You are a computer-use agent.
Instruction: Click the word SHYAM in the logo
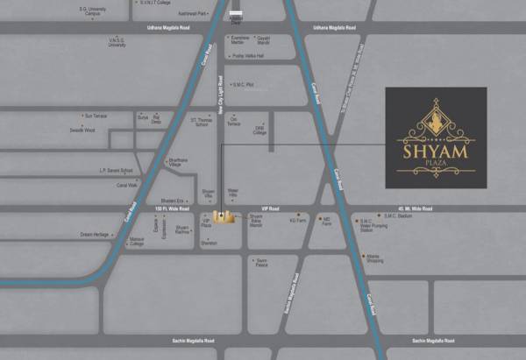(436, 153)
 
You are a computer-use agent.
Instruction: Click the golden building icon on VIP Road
(224, 216)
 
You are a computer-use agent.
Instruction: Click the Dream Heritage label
(94, 235)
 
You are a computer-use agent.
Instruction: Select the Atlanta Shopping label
(374, 258)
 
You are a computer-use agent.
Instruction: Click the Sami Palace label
(261, 262)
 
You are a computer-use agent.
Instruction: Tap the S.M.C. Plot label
(242, 85)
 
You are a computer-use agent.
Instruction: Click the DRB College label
(259, 131)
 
